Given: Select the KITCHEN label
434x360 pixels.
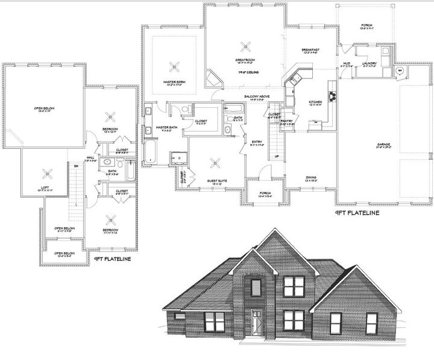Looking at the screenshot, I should (315, 102).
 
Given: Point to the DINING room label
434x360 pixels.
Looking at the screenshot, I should (310, 177).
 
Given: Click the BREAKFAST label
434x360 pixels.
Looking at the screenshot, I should (311, 49).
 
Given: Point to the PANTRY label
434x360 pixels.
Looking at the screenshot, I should (287, 121).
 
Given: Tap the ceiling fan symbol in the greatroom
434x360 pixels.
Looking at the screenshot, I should (245, 46).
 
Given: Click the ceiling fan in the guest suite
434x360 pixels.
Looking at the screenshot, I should (215, 161).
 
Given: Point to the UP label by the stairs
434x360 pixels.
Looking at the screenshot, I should (277, 157).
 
